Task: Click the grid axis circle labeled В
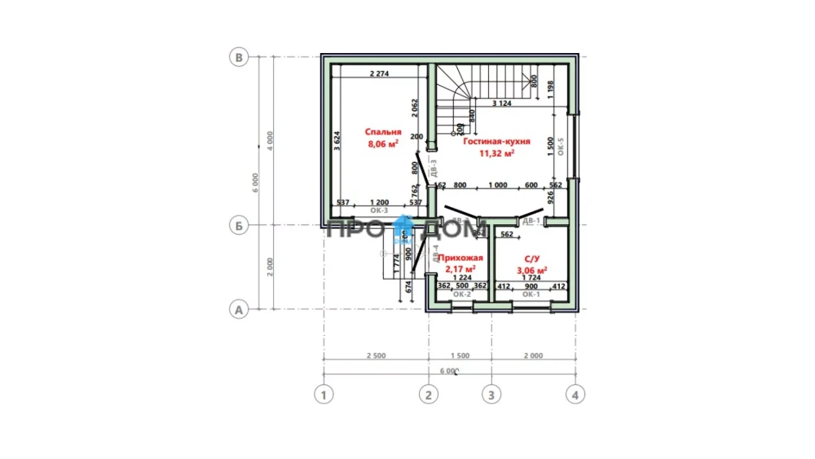[x=239, y=57]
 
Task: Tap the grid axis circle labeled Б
[x=239, y=226]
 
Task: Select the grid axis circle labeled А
[x=239, y=310]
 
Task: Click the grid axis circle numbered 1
[x=324, y=395]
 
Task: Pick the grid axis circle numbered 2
[x=428, y=395]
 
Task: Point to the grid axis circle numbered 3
[x=491, y=395]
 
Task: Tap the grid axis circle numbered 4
[x=575, y=395]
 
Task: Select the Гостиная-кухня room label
[x=497, y=141]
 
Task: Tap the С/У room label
[x=531, y=258]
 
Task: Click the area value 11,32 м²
[x=497, y=152]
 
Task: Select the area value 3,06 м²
[x=531, y=269]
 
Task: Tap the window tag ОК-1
[x=531, y=294]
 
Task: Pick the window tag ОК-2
[x=461, y=294]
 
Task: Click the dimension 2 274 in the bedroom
[x=381, y=74]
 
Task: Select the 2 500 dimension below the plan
[x=376, y=355]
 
